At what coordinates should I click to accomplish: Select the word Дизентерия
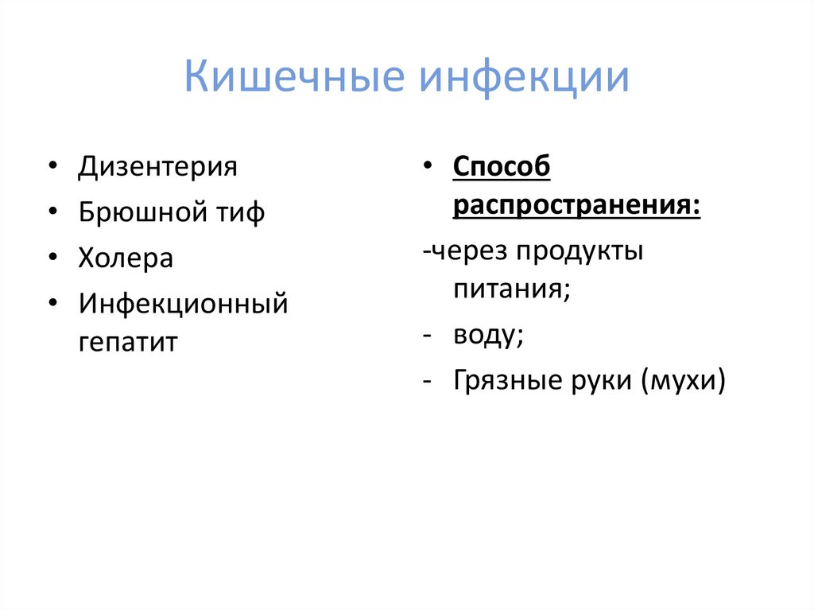(157, 168)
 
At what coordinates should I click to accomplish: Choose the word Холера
(126, 258)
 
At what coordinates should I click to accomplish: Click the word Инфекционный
(183, 303)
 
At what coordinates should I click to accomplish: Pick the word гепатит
(128, 343)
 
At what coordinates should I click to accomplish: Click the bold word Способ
(502, 168)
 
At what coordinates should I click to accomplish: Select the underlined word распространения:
(577, 207)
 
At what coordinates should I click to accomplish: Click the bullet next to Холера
(52, 259)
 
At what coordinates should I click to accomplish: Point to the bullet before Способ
(427, 169)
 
